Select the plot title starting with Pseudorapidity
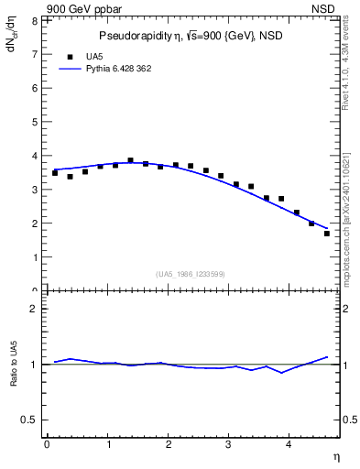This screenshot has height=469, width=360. [x=189, y=36]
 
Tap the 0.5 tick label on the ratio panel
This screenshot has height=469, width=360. [x=29, y=420]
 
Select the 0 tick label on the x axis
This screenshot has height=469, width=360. [x=47, y=445]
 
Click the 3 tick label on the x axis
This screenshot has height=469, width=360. [x=229, y=445]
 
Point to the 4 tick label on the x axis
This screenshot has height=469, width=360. [x=289, y=445]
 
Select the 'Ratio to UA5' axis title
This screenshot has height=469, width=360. [x=14, y=376]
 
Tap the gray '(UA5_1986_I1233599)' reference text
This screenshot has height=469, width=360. [x=190, y=274]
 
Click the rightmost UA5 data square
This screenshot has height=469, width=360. [x=327, y=234]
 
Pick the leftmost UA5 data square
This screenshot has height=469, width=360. [x=55, y=173]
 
